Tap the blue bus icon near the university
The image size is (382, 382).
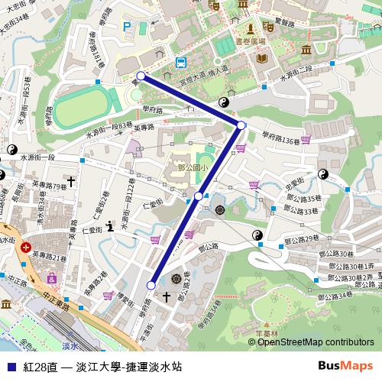(180, 63)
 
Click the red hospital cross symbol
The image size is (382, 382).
(26, 248)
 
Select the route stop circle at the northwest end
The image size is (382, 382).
(141, 76)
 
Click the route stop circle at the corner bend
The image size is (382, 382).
(241, 125)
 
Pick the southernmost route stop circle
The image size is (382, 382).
(151, 285)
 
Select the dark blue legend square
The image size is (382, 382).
(10, 367)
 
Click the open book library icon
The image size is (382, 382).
(262, 58)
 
